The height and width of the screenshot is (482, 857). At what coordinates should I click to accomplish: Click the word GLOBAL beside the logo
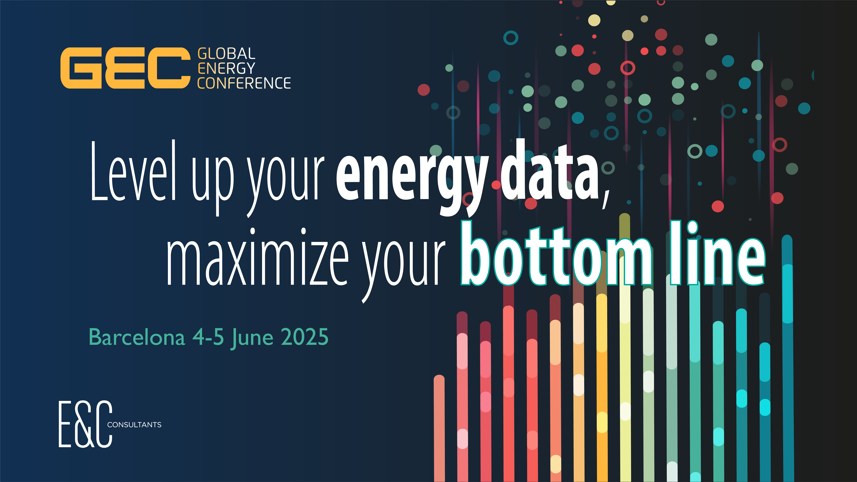pyautogui.click(x=226, y=54)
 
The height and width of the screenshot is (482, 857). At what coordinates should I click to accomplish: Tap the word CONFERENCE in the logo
pyautogui.click(x=244, y=83)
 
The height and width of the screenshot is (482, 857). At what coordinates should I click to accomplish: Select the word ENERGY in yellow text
pyautogui.click(x=226, y=69)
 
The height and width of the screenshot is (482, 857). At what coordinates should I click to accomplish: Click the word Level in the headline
pyautogui.click(x=133, y=173)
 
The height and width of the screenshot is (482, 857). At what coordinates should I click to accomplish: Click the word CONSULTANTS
pyautogui.click(x=134, y=425)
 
